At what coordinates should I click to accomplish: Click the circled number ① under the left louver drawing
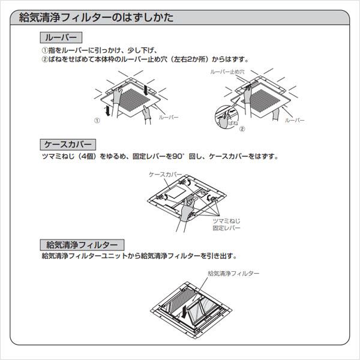click(97, 119)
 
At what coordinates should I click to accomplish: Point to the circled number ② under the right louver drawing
click(242, 128)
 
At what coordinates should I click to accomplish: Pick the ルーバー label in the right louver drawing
click(295, 120)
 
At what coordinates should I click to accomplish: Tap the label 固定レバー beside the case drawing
click(226, 229)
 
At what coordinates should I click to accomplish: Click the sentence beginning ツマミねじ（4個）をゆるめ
click(159, 157)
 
